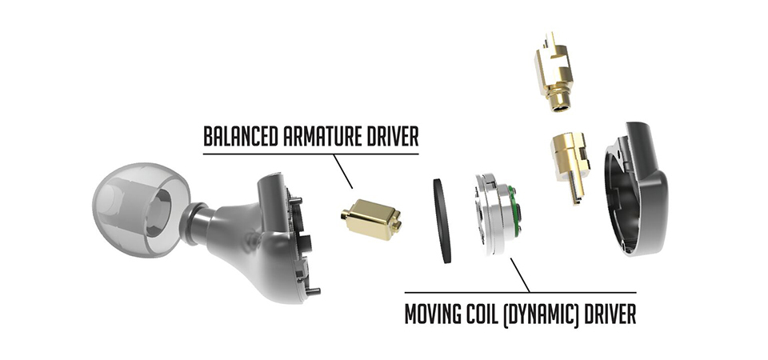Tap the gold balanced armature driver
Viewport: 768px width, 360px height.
click(x=372, y=219)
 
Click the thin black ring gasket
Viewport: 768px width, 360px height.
click(x=442, y=221)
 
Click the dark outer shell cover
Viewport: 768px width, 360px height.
click(x=636, y=189)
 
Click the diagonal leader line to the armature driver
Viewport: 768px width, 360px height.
click(x=342, y=171)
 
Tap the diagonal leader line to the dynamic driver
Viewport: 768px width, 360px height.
click(x=520, y=275)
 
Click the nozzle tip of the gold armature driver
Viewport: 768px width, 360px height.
click(x=345, y=215)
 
